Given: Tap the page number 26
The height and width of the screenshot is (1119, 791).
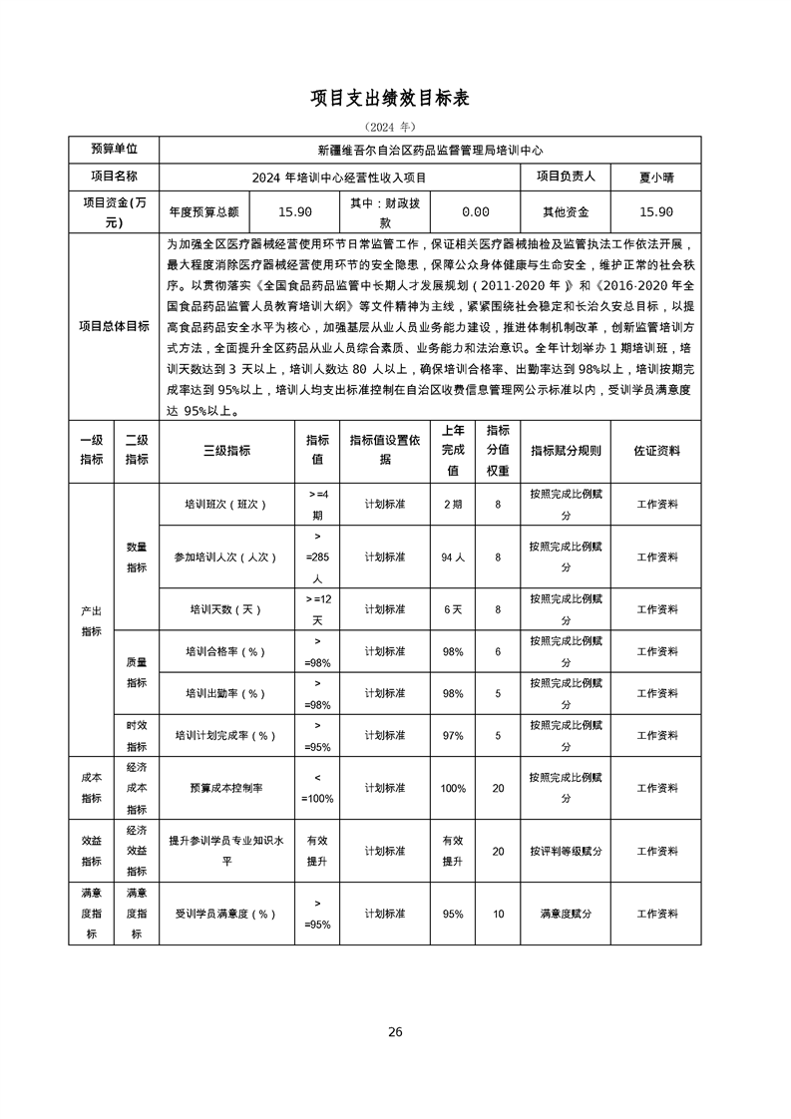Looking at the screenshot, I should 395,1031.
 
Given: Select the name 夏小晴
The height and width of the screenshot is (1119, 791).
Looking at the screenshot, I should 656,177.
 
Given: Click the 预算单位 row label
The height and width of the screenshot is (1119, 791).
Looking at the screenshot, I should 114,150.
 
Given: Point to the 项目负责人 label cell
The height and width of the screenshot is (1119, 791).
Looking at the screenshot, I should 566,177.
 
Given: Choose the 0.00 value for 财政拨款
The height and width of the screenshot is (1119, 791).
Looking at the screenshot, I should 476,211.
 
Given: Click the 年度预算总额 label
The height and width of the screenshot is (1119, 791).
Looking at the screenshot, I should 203,211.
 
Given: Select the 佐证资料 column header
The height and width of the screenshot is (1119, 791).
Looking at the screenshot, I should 656,451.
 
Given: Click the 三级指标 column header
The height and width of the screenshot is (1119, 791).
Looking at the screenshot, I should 226,451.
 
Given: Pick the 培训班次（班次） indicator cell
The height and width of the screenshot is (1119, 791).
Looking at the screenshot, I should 226,505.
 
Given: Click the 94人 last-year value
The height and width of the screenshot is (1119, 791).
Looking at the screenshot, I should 453,558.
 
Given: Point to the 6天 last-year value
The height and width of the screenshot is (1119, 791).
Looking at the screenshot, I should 453,609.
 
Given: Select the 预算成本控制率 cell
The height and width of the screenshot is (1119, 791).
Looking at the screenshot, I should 226,788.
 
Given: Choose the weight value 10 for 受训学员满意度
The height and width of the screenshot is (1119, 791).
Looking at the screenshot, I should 498,914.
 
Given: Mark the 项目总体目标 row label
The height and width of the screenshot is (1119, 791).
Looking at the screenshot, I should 114,325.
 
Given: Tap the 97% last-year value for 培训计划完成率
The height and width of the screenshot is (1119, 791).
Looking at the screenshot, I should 453,736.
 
